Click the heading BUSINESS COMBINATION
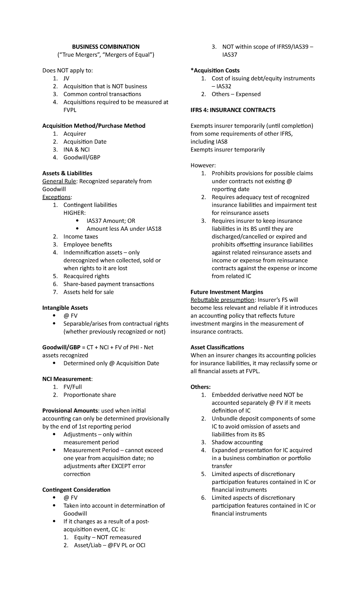[105, 47]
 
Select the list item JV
[66, 79]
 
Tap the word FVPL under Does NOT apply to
[70, 110]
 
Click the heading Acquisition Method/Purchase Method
[94, 126]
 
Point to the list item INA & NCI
[76, 149]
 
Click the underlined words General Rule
[59, 181]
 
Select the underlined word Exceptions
[57, 197]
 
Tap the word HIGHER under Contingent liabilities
[74, 213]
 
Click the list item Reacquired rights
[86, 276]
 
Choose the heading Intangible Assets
[65, 308]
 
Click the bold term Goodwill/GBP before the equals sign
[61, 348]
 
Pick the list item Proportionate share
[89, 395]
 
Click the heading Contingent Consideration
[76, 490]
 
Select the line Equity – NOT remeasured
[107, 537]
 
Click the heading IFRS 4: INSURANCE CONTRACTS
[233, 110]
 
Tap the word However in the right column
[203, 165]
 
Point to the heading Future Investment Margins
[227, 292]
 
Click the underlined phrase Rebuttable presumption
[222, 300]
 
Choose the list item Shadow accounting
[237, 442]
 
